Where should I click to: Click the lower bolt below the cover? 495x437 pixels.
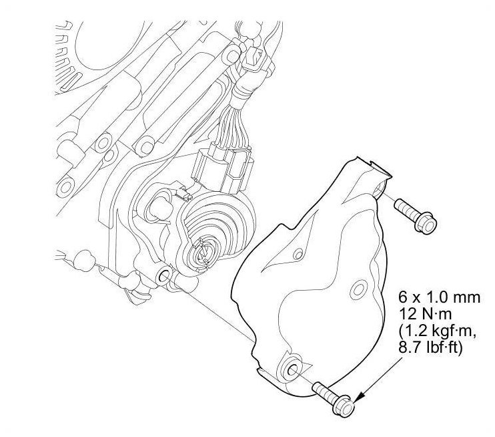[334, 397]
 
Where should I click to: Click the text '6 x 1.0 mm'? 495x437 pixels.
[439, 297]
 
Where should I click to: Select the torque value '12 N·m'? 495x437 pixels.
[424, 314]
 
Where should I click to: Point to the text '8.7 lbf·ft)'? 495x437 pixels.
[430, 347]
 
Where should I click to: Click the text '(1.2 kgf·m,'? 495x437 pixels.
[437, 331]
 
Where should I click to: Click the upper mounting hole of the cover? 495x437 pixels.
[378, 189]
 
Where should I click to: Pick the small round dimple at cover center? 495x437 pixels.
[359, 288]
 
